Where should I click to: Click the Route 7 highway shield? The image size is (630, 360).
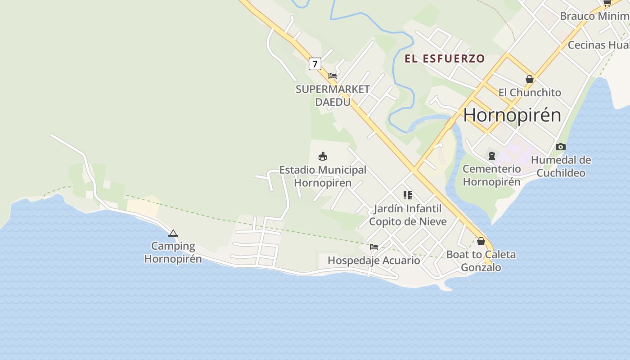(x=315, y=64)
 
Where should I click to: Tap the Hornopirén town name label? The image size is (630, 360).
(x=512, y=115)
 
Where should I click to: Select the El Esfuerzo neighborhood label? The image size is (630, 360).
(x=445, y=58)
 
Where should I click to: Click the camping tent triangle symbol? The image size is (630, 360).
(x=173, y=233)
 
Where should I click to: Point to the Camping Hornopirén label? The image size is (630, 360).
(x=173, y=252)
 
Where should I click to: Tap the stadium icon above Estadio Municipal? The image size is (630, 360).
(x=323, y=157)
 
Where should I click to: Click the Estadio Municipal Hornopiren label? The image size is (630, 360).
(x=323, y=176)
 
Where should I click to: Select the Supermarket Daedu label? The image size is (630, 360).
(x=333, y=95)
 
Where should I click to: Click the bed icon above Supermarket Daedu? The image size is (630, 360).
(x=333, y=76)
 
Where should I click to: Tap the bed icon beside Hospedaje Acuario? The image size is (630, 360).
(x=374, y=247)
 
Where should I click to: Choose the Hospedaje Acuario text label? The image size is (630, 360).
(x=374, y=260)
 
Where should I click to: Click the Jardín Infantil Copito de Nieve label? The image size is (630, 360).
(x=408, y=215)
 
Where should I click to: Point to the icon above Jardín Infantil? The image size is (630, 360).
(x=408, y=195)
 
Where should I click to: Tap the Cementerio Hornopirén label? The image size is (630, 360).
(x=492, y=175)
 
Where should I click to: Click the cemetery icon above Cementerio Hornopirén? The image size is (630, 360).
(x=492, y=156)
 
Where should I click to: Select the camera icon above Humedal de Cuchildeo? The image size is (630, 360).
(x=560, y=147)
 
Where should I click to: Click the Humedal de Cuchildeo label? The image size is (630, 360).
(x=561, y=166)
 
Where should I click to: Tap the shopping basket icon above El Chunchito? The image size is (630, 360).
(x=530, y=79)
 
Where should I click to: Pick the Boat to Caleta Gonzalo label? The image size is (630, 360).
(x=481, y=261)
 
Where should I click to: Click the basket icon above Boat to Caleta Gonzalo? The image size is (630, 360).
(x=481, y=241)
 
